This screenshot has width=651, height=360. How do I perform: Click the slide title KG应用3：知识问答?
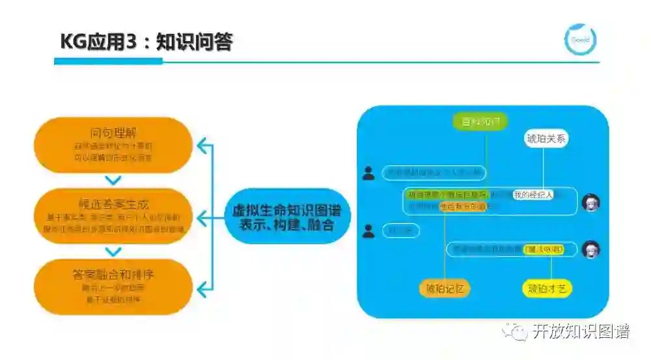(x=146, y=42)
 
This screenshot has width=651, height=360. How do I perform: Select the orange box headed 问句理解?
(x=113, y=145)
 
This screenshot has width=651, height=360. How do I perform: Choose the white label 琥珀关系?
(x=547, y=139)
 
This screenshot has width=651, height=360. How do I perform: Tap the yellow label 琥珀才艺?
(x=547, y=288)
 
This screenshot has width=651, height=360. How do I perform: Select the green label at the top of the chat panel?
(x=480, y=121)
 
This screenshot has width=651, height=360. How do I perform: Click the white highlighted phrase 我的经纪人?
(x=533, y=195)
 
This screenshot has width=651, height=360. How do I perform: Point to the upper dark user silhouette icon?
(x=369, y=173)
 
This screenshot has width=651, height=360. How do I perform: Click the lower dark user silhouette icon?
(x=369, y=230)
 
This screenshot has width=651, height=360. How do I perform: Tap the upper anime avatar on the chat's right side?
(x=590, y=202)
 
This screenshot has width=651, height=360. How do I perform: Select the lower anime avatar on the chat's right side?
(x=590, y=249)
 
